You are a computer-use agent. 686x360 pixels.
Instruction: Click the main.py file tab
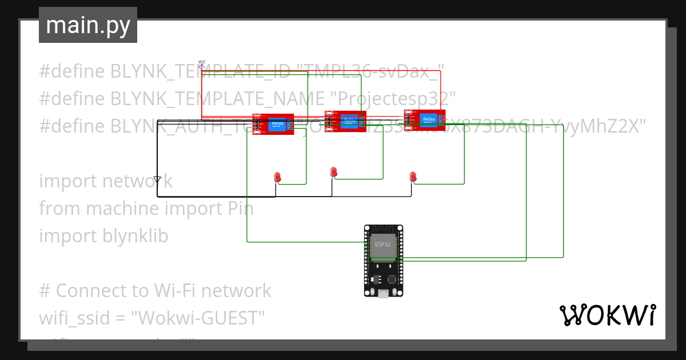click(87, 26)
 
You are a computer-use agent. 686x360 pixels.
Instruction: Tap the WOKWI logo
click(607, 315)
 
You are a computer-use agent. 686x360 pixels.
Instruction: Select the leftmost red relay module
click(273, 124)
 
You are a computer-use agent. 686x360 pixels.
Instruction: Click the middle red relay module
click(345, 121)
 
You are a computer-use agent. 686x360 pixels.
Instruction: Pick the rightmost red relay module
click(425, 120)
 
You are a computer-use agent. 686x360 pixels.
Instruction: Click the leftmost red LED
click(277, 177)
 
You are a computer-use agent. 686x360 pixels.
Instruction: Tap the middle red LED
click(334, 172)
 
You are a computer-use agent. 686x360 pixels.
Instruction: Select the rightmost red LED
click(413, 177)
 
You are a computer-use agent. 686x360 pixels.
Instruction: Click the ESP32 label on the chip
click(382, 244)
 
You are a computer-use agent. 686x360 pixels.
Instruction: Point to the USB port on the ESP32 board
click(383, 294)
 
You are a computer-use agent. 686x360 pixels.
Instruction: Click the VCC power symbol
click(201, 64)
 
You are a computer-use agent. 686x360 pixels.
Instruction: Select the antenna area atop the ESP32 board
click(383, 230)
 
